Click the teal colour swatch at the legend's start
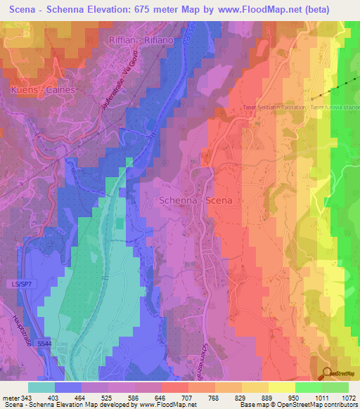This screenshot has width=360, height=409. click(41, 387)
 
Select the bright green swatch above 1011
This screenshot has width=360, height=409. click(308, 387)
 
